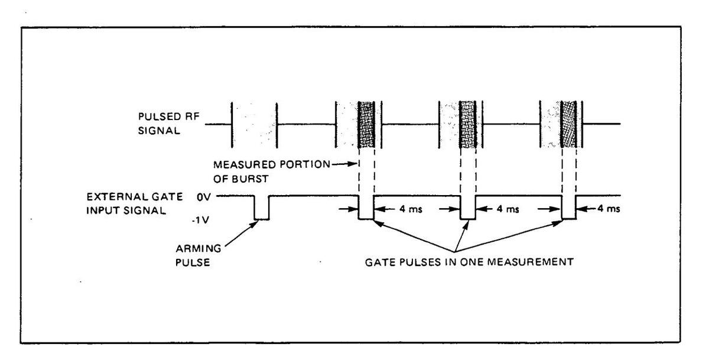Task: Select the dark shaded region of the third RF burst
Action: [x=468, y=124]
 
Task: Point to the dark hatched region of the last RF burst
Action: [x=569, y=124]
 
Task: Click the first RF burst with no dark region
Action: [x=254, y=124]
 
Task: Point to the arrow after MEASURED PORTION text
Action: [x=351, y=164]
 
